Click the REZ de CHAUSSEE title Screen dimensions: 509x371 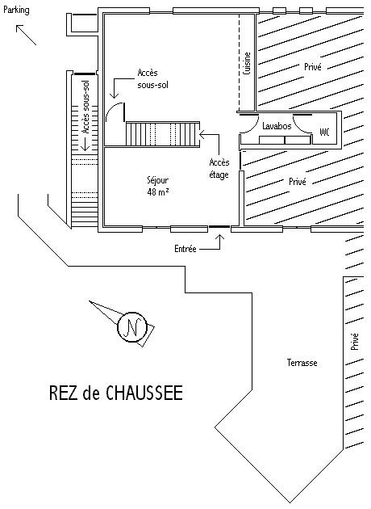click(115, 393)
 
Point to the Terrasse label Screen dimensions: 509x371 click(302, 363)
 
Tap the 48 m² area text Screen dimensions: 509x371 click(158, 192)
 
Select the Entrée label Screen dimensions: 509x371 click(185, 250)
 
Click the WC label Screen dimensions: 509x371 click(325, 132)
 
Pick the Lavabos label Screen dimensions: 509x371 click(277, 125)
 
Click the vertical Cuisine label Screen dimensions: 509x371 click(247, 64)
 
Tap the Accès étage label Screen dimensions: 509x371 click(219, 168)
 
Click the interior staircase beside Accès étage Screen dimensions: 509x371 click(162, 133)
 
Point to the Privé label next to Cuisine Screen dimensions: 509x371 click(312, 67)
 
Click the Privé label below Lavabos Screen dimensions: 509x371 click(297, 182)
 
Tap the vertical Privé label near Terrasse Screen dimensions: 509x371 click(353, 342)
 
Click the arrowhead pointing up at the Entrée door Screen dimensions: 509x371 click(223, 237)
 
